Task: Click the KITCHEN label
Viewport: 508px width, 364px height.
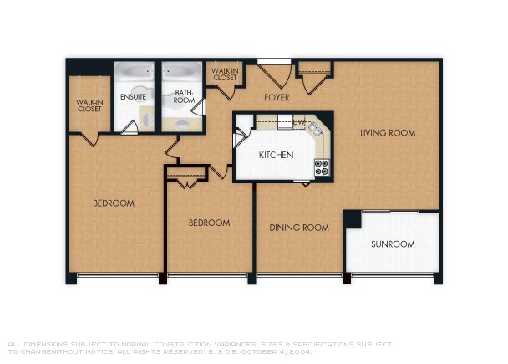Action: click(x=275, y=156)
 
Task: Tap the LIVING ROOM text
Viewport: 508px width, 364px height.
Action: click(x=388, y=133)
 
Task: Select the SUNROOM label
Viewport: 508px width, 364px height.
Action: click(x=392, y=244)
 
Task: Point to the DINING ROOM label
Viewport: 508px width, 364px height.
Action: click(x=298, y=228)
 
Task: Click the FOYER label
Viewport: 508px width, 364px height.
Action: click(x=277, y=98)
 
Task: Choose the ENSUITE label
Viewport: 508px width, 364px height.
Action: click(x=133, y=97)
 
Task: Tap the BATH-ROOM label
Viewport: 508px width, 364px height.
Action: click(x=184, y=97)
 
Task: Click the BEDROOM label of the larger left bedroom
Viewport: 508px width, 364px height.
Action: click(x=113, y=203)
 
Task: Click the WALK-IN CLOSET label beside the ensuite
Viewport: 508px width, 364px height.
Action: click(x=89, y=105)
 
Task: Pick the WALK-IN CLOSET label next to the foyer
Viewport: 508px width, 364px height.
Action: click(x=225, y=74)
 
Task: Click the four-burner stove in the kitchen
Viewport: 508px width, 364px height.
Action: click(x=321, y=167)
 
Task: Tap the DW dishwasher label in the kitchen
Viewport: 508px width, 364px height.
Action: click(x=298, y=122)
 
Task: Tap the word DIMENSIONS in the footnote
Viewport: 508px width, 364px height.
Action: click(x=45, y=344)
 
